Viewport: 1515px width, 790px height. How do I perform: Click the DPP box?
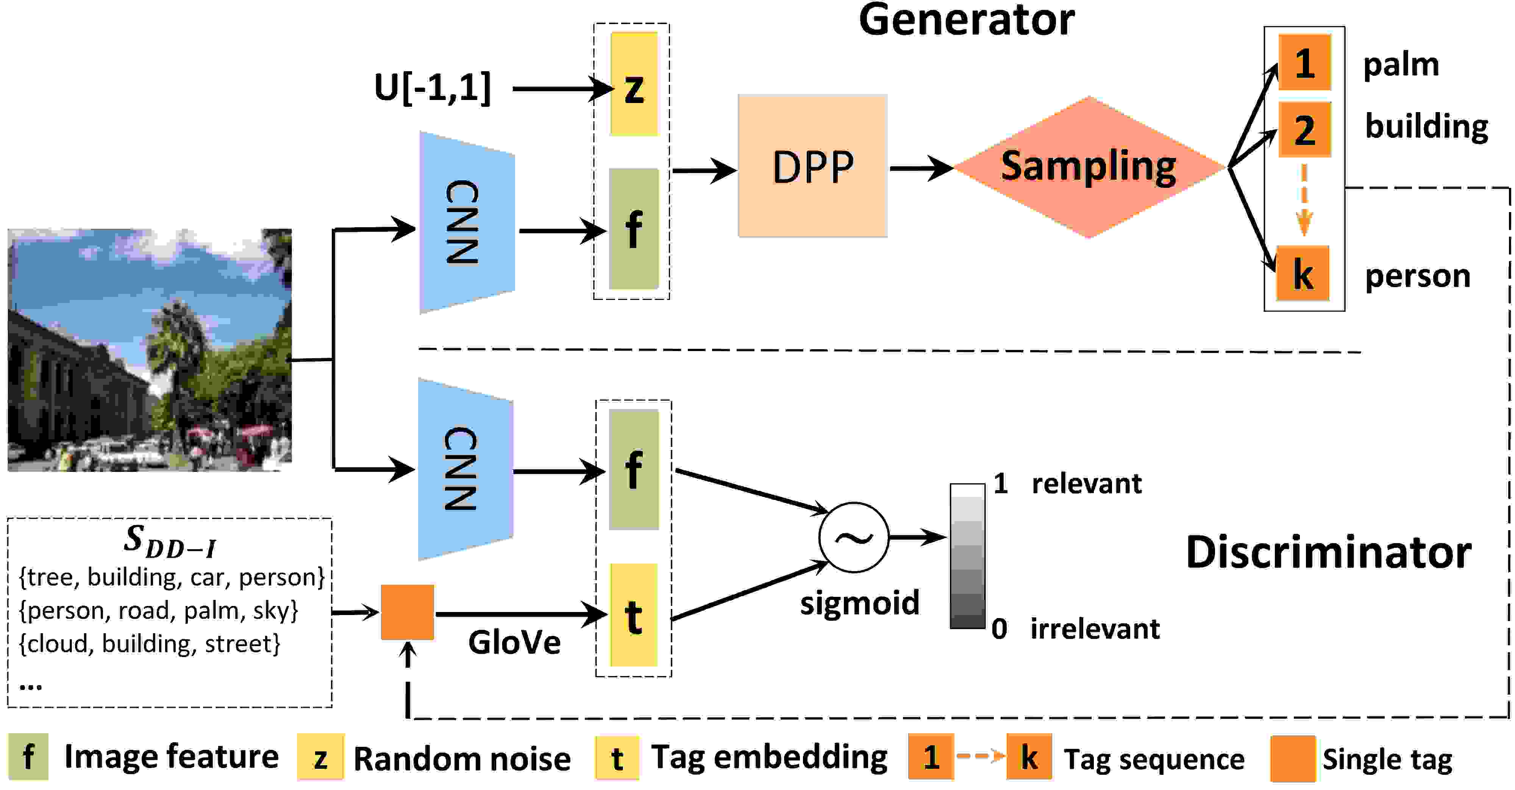click(x=812, y=166)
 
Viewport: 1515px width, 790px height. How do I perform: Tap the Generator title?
click(x=966, y=20)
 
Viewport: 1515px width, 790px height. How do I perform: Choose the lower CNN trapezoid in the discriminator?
click(x=465, y=469)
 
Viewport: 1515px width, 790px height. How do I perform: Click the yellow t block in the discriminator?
click(x=633, y=615)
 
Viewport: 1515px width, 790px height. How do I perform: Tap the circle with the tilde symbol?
click(x=853, y=537)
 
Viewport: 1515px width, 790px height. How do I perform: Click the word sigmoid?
click(x=859, y=604)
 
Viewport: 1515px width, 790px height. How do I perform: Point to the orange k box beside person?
click(x=1303, y=273)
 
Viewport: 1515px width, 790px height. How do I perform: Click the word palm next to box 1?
click(x=1401, y=65)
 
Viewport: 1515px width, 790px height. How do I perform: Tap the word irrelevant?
click(x=1095, y=628)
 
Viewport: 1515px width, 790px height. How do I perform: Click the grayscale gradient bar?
click(x=967, y=556)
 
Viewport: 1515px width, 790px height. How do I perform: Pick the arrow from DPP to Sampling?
click(x=921, y=168)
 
